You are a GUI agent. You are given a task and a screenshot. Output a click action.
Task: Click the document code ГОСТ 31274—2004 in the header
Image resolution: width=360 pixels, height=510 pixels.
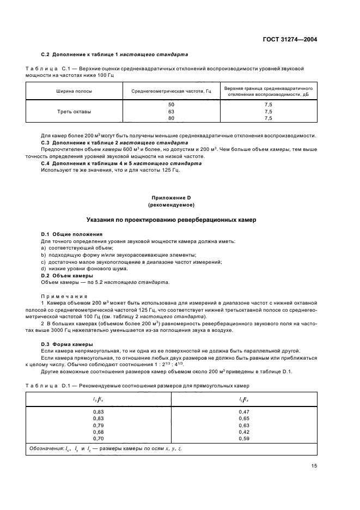click(x=291, y=40)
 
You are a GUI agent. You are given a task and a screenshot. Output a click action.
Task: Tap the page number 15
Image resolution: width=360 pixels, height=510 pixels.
click(x=314, y=466)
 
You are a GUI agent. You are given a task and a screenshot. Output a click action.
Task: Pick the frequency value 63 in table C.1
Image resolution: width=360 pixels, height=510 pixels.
click(x=172, y=111)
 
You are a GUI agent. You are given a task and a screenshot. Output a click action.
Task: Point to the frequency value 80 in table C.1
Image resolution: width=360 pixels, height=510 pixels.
click(x=172, y=118)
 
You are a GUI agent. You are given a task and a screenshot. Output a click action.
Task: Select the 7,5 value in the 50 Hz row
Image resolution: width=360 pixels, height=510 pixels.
click(x=268, y=104)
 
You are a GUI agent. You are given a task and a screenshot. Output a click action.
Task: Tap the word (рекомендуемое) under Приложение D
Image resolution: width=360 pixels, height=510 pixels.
click(x=172, y=205)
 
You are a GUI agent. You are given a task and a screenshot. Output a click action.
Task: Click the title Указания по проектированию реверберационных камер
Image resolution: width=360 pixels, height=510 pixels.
click(x=172, y=220)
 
